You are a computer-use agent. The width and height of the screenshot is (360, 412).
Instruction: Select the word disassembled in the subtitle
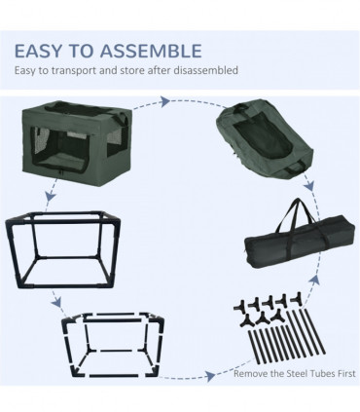205,70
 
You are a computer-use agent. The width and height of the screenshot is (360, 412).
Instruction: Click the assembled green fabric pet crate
77,143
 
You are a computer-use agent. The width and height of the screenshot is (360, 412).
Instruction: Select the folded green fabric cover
266,137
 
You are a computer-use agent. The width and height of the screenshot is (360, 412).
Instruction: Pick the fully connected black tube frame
63,250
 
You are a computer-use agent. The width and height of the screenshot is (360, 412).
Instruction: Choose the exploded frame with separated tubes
113,345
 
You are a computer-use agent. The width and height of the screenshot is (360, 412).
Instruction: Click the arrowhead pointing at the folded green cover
165,101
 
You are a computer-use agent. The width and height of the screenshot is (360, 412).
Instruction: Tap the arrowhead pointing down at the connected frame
51,197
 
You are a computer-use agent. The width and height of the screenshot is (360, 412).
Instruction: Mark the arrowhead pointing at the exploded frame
57,303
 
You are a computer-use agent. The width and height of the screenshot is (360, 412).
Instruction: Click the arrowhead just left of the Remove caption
210,376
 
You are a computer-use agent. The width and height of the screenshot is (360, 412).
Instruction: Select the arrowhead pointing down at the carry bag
309,186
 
